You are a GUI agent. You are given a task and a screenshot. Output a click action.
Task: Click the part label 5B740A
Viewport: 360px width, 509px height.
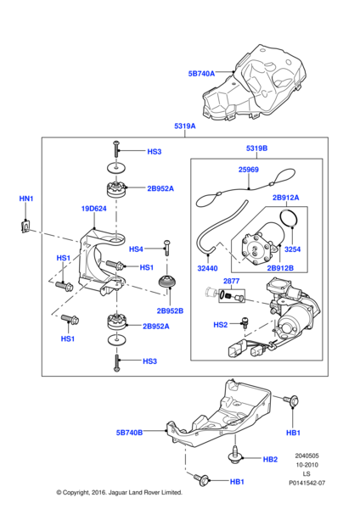coord(201,74)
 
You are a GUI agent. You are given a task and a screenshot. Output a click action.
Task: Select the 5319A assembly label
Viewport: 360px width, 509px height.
coord(185,126)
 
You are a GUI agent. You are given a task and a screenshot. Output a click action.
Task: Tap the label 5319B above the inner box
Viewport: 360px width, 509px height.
coord(256,148)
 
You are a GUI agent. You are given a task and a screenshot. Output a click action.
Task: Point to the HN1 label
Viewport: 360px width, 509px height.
coord(26,199)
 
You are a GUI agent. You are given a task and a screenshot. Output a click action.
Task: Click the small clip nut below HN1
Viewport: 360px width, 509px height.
coord(25,226)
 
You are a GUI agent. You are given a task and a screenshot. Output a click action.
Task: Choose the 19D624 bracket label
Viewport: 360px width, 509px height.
coord(93,209)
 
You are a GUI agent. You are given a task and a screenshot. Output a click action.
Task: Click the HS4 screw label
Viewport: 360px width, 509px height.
coord(136,249)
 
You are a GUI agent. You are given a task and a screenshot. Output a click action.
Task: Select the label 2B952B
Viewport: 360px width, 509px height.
coord(170,310)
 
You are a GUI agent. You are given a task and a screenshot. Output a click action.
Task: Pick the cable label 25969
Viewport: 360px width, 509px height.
coord(249,170)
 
